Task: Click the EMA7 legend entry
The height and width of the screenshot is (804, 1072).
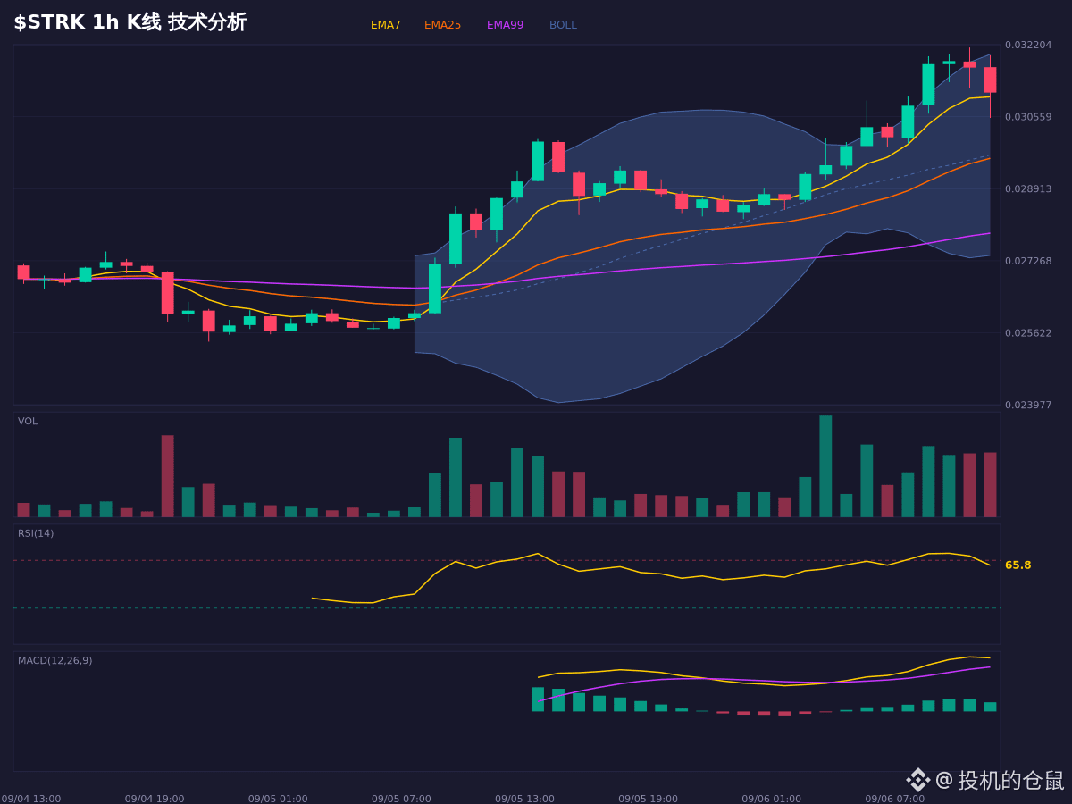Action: [x=385, y=25]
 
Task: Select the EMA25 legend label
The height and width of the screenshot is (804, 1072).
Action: [x=442, y=25]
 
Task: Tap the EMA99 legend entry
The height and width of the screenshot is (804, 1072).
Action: [x=505, y=25]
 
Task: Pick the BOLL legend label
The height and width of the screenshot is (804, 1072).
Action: [x=563, y=25]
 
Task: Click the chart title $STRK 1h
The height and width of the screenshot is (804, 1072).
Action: [x=66, y=22]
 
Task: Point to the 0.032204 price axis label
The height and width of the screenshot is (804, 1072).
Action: [x=1028, y=45]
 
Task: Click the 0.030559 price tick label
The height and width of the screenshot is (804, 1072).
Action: [x=1028, y=117]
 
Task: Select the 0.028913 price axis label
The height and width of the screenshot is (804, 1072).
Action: [x=1028, y=188]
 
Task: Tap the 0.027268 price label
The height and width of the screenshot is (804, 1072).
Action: [x=1028, y=261]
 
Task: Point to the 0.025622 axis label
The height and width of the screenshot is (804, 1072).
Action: [x=1028, y=333]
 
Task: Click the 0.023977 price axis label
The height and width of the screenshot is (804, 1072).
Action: [x=1028, y=405]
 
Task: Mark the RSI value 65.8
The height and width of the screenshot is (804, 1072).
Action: [x=1018, y=565]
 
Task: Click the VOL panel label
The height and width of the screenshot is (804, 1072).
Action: [x=28, y=422]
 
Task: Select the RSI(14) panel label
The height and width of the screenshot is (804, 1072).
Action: [x=36, y=533]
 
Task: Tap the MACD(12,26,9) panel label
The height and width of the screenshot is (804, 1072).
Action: [x=54, y=660]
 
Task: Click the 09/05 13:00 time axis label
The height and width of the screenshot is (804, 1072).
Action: [x=524, y=799]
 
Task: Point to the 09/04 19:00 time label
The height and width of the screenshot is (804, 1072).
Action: [x=155, y=799]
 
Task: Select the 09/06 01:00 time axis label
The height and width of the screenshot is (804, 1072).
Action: [x=772, y=799]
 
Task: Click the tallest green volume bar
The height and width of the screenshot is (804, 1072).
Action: [x=825, y=466]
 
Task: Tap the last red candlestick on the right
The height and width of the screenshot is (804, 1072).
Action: [x=990, y=80]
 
